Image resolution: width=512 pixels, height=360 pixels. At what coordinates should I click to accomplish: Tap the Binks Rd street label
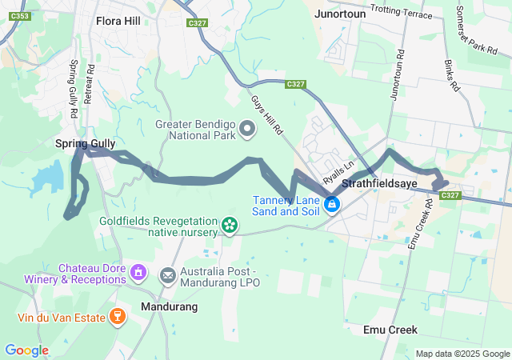[x=453, y=74]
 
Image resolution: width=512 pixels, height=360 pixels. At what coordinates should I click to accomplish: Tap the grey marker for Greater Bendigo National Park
[x=247, y=128]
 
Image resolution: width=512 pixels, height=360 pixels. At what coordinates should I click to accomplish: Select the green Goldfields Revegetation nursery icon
[x=230, y=226]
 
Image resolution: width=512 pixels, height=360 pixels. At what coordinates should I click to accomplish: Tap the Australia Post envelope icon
[x=168, y=277]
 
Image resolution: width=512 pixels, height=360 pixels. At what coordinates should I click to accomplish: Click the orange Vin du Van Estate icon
[x=118, y=317]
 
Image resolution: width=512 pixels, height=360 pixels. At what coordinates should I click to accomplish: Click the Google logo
[x=26, y=350]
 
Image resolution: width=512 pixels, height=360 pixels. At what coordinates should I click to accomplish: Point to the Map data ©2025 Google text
[x=462, y=354]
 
